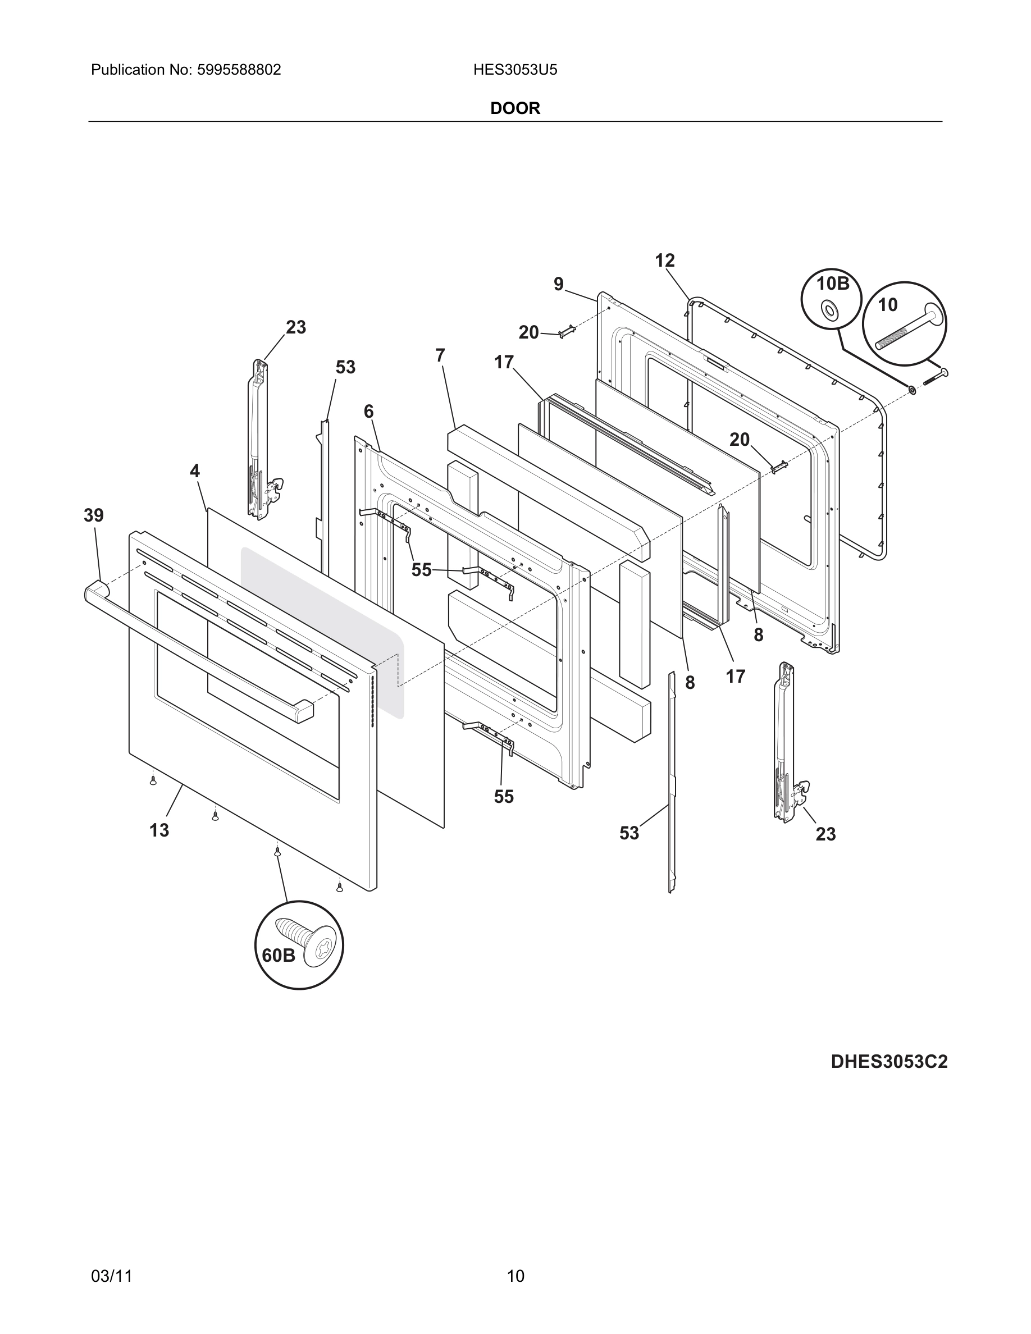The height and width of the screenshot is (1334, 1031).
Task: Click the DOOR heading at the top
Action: [515, 108]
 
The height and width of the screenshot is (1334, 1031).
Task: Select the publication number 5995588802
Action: [239, 70]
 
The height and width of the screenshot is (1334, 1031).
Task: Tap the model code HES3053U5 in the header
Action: [515, 70]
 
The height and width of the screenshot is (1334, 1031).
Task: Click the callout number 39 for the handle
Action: [93, 515]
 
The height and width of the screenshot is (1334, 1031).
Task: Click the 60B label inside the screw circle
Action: [279, 955]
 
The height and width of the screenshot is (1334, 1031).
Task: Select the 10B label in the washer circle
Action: [833, 284]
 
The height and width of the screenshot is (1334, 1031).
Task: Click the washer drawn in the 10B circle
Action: [829, 310]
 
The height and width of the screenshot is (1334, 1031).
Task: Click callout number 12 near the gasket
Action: [664, 261]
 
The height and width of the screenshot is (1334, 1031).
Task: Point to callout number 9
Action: [558, 284]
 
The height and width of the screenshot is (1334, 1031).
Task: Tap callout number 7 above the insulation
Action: [440, 355]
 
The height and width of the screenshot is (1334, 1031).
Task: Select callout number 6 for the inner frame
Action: [368, 412]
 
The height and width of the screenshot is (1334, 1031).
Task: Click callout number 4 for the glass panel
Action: [195, 471]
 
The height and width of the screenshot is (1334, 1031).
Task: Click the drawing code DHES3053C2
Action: [889, 1062]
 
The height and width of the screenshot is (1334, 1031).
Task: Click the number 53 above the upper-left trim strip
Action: [345, 367]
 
